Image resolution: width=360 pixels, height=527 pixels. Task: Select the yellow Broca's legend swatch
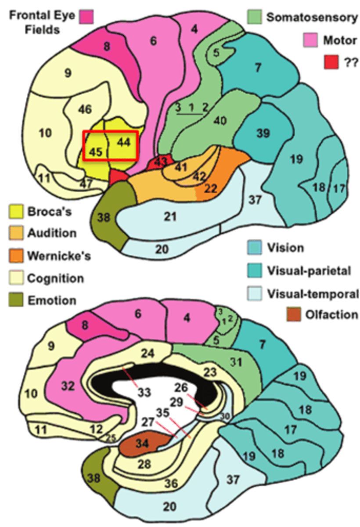(x=16, y=211)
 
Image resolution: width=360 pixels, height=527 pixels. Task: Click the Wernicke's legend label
(x=59, y=256)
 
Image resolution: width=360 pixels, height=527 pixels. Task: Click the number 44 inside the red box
(x=124, y=142)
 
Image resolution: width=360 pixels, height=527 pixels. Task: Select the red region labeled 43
(x=161, y=162)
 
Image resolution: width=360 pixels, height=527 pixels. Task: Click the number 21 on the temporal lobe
(x=172, y=216)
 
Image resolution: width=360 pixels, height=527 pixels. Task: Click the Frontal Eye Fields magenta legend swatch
(x=86, y=18)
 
